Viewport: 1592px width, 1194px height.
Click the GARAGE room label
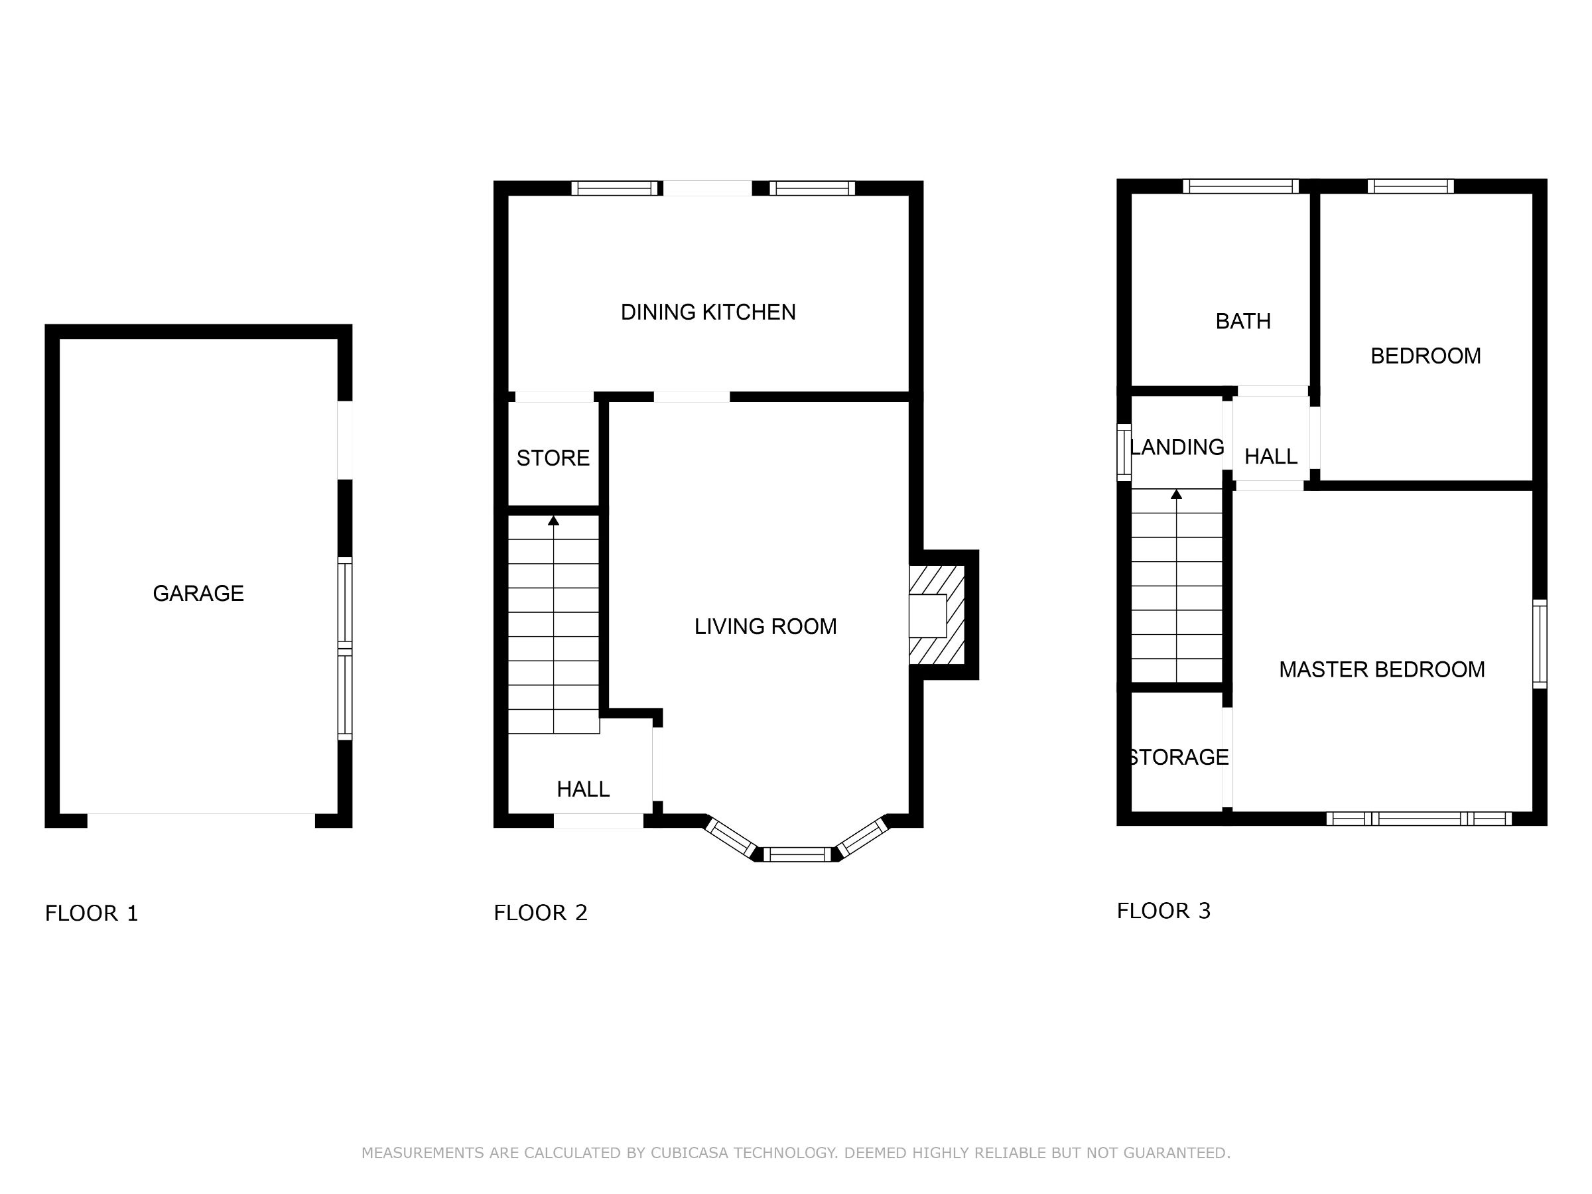(198, 593)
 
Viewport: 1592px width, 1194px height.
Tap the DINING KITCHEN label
(708, 312)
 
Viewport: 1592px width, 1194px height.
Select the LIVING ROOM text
(765, 626)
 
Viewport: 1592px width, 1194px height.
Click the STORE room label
(553, 458)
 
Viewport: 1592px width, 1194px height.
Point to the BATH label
(1242, 321)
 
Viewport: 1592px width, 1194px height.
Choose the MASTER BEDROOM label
(1381, 669)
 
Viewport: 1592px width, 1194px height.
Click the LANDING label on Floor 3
(1177, 447)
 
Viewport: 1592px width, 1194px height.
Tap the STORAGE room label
(1178, 757)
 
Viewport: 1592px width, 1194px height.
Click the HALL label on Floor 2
(583, 789)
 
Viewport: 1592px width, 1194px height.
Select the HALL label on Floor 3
(1270, 456)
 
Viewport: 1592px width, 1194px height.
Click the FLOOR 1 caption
(92, 913)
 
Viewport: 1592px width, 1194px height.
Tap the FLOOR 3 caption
(1163, 911)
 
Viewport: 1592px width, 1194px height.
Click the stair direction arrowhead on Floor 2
(553, 520)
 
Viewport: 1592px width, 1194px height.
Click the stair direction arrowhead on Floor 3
(1177, 494)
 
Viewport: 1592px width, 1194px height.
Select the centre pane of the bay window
(797, 854)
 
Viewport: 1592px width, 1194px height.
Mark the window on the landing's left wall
(1124, 452)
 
